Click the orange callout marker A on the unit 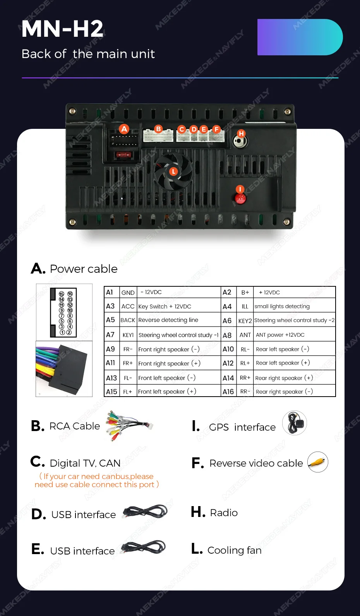pyautogui.click(x=124, y=129)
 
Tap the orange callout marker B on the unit pyautogui.click(x=158, y=129)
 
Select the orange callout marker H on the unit pyautogui.click(x=241, y=133)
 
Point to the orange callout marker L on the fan pyautogui.click(x=173, y=171)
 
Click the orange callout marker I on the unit pyautogui.click(x=240, y=189)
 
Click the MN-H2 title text pyautogui.click(x=62, y=29)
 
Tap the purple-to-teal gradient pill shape pyautogui.click(x=300, y=37)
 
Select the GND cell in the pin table pyautogui.click(x=128, y=293)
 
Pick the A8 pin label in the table pyautogui.click(x=227, y=335)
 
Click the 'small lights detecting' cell pyautogui.click(x=282, y=306)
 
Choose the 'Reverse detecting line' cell pyautogui.click(x=168, y=320)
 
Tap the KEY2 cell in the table pyautogui.click(x=245, y=321)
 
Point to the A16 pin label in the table pyautogui.click(x=228, y=392)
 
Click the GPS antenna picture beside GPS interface pyautogui.click(x=295, y=423)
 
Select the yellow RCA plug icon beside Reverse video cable pyautogui.click(x=318, y=462)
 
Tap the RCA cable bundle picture pyautogui.click(x=129, y=425)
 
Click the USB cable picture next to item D pyautogui.click(x=146, y=512)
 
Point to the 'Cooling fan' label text pyautogui.click(x=234, y=550)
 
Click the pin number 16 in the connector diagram pyautogui.click(x=70, y=294)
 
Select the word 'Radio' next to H pyautogui.click(x=224, y=513)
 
